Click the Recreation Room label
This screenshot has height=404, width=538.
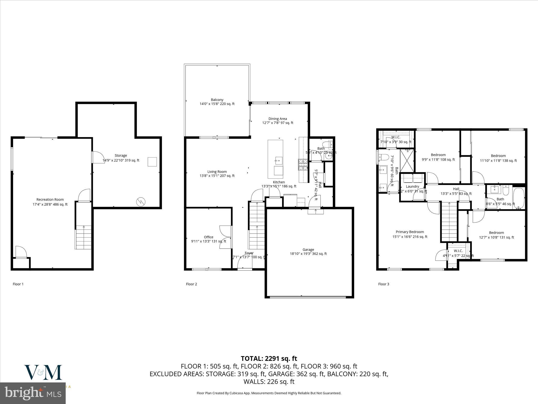50,200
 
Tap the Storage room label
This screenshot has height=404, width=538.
121,155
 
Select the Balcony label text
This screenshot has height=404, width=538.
217,100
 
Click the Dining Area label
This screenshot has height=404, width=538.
277,119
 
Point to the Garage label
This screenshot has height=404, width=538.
308,250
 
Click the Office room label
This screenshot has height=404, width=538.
209,237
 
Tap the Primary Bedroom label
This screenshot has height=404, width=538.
410,232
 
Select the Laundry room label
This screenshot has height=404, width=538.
412,186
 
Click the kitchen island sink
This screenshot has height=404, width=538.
278,159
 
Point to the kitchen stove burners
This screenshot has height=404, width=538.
303,165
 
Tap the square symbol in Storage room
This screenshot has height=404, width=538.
152,162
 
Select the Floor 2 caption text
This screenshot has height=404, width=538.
191,284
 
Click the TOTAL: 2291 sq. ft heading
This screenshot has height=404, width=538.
269,358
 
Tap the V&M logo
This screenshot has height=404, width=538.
43,372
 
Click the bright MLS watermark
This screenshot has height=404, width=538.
33,393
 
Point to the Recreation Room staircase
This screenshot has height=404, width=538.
84,237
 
